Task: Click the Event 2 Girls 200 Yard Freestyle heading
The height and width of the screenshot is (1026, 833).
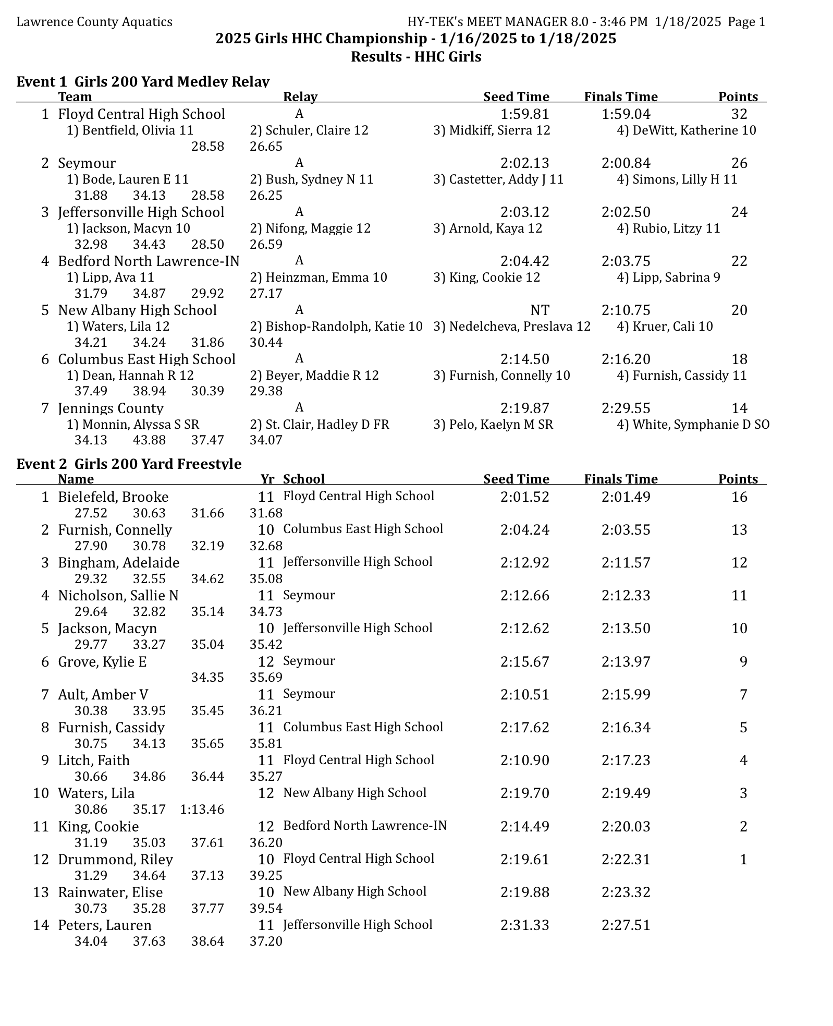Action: (129, 464)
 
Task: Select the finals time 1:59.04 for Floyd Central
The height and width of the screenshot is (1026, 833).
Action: (626, 114)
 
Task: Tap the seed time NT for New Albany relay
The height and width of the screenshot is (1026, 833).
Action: (540, 310)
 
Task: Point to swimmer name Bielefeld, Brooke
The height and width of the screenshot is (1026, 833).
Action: (113, 497)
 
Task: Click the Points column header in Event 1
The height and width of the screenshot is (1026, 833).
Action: (738, 96)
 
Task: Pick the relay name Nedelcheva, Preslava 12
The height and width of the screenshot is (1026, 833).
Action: (512, 327)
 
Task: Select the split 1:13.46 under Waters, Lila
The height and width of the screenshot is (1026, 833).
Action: (202, 809)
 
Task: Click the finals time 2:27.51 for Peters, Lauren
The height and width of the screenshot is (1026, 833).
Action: (626, 925)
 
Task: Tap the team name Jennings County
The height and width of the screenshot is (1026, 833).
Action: (111, 408)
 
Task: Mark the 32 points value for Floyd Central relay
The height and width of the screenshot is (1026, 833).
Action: (739, 114)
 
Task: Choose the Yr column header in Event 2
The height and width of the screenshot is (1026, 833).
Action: (267, 479)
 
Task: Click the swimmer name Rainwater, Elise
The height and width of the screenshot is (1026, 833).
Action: (111, 892)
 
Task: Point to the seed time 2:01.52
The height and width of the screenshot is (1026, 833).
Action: (524, 497)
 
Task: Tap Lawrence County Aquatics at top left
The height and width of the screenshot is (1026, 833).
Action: (94, 21)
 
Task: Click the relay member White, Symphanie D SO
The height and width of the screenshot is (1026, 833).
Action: (693, 425)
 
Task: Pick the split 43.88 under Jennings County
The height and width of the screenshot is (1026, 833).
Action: (149, 440)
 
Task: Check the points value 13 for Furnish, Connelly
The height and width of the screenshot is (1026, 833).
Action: (739, 529)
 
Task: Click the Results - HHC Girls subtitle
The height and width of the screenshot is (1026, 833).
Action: (416, 56)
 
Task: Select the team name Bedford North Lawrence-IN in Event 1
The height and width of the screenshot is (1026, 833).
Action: (149, 261)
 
